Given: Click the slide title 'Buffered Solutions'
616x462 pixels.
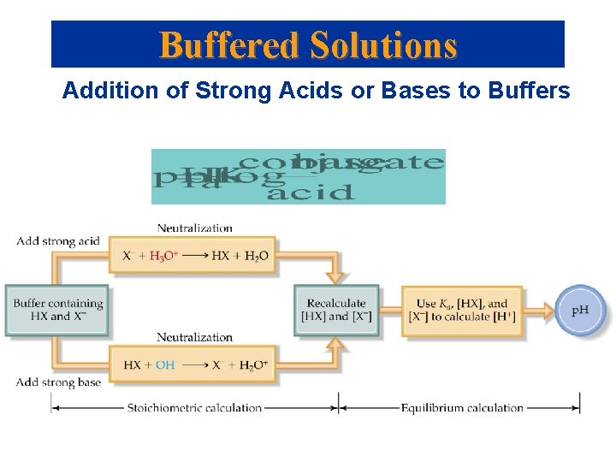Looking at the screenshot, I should point(308,44).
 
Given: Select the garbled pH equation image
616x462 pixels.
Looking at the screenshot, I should point(298,177).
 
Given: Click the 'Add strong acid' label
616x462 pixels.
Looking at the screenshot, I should point(57,241).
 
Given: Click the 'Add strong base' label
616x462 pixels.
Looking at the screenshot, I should point(58,382).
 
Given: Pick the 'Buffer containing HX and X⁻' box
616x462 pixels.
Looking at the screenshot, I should point(58,310).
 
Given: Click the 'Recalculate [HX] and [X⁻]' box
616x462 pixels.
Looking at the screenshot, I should point(335,310).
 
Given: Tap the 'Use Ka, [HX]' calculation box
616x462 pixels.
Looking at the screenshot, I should point(462,310).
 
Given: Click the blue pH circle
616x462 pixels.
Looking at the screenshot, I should point(580,310).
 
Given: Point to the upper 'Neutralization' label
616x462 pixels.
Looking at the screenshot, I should point(195,228).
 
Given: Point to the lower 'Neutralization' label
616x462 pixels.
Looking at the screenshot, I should point(195,337).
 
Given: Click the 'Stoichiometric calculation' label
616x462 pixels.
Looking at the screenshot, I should point(194,407).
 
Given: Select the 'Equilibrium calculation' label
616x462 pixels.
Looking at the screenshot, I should point(462,407).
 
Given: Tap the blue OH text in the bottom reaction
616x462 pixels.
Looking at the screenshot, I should point(165,365).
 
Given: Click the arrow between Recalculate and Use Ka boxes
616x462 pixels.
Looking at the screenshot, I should point(389,310).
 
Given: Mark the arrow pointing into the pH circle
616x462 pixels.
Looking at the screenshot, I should point(539,310).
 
